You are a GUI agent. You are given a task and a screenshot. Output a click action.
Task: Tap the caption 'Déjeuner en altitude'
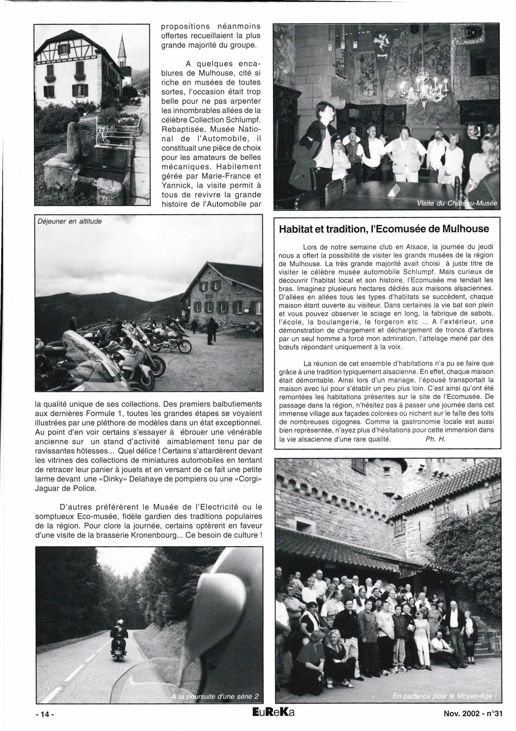70,221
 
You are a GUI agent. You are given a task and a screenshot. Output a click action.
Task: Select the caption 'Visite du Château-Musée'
457,203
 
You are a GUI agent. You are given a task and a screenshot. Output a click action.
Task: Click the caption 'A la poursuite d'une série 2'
215,696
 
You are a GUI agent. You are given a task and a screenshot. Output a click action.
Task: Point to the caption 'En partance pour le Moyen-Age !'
445,696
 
